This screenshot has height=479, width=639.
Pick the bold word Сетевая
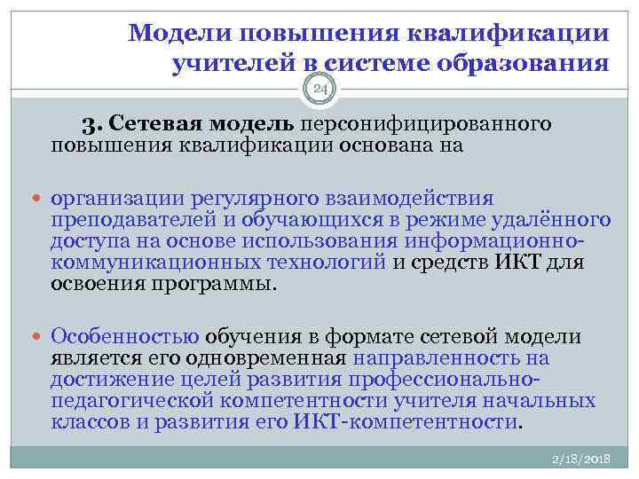tap(172, 123)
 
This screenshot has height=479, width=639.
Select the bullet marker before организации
tap(40, 199)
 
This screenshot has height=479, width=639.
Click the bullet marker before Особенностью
tap(40, 338)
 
